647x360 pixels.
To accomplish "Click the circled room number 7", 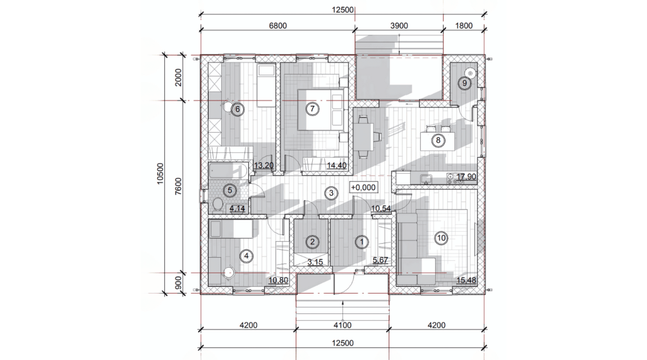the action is coord(312,109).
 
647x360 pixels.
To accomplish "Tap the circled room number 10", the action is coord(442,238).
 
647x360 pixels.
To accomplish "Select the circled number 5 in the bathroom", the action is coord(230,191).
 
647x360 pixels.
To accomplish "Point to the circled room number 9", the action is coord(464,83).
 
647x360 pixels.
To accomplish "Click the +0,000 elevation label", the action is coord(363,188).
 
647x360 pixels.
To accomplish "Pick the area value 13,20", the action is coord(263,165).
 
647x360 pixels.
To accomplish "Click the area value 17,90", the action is coord(466,177).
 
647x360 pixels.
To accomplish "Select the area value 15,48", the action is coord(466,280).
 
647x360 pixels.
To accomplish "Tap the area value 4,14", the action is coord(238,208).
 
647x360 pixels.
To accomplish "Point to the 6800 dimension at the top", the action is coord(278,25).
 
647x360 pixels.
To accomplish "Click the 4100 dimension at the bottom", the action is coord(342,325).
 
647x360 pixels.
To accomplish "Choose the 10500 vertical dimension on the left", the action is coord(160,174).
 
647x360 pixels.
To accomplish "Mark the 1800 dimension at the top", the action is coord(464,25).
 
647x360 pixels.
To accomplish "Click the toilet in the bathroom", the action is coord(217,204).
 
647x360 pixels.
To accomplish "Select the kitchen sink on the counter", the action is coord(426,179).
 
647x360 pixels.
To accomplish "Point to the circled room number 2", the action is coord(312,242).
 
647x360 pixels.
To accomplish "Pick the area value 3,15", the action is coord(315,262).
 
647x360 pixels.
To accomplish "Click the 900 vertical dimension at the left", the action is coord(178,283).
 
